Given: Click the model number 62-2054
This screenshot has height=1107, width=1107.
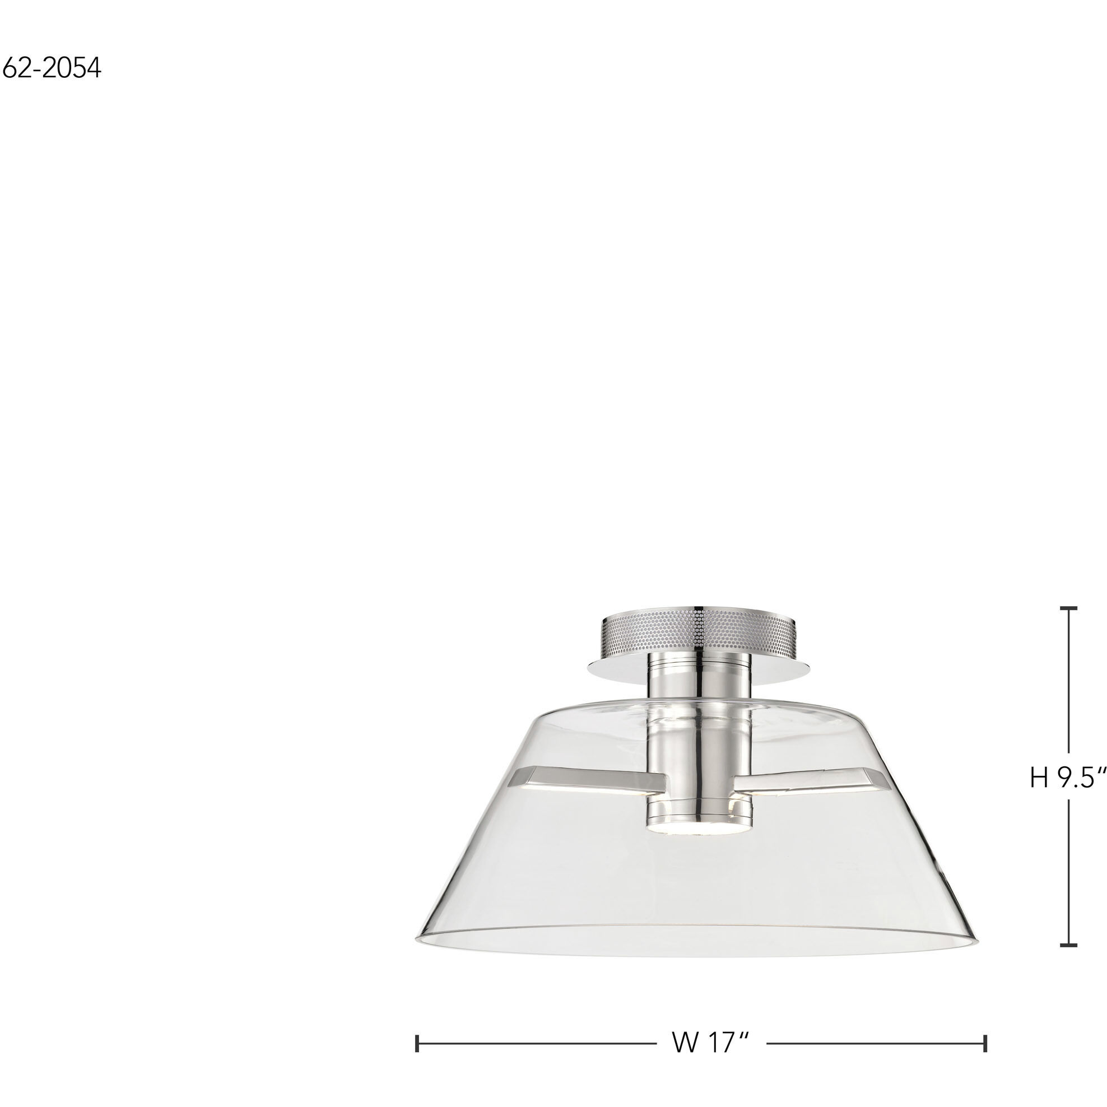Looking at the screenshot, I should pos(52,68).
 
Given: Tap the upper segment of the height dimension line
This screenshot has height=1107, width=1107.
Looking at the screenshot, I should pos(1068,687).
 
